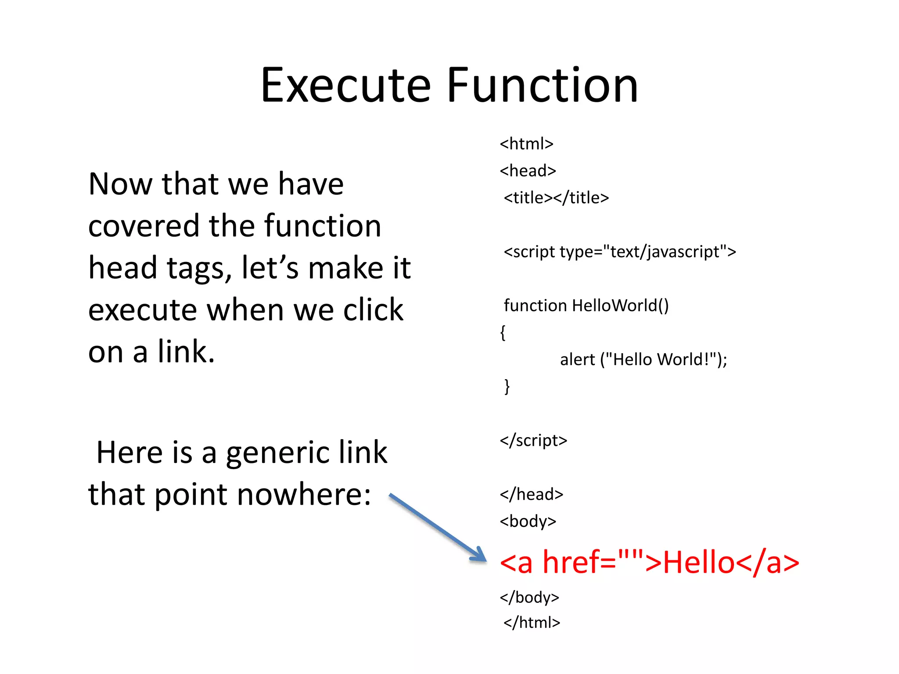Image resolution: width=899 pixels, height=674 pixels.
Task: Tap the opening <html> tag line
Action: (526, 144)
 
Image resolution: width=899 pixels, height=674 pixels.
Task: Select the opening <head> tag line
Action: (528, 171)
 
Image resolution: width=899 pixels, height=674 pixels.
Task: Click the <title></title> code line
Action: (556, 198)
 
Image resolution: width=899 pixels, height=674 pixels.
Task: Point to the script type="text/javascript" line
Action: (619, 252)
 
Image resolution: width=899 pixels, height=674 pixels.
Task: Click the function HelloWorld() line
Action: (586, 305)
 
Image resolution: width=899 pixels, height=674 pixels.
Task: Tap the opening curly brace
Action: (503, 332)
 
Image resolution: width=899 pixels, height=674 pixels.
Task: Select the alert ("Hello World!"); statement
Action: (644, 359)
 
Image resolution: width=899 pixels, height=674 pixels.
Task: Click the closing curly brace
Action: (507, 386)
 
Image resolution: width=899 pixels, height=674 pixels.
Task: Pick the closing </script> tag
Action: (533, 440)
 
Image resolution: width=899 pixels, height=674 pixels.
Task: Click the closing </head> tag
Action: (531, 495)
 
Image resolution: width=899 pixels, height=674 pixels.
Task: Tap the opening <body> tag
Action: (528, 521)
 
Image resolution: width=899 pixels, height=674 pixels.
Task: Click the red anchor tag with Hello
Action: (649, 562)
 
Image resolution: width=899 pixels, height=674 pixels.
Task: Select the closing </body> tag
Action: (529, 597)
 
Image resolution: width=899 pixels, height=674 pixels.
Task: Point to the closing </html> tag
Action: (532, 623)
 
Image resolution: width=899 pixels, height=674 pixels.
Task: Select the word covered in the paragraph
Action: (144, 226)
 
